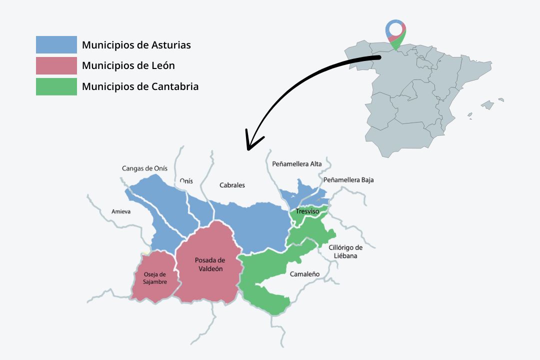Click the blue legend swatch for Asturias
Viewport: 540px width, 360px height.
click(x=56, y=44)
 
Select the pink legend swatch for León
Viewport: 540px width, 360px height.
click(x=56, y=65)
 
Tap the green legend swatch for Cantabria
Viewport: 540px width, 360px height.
click(x=56, y=86)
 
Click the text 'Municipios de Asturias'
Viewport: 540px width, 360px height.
click(x=136, y=45)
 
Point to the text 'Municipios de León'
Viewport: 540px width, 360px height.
click(x=128, y=65)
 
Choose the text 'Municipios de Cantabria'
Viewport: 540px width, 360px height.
click(x=140, y=86)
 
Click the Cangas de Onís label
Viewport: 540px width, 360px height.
click(x=144, y=168)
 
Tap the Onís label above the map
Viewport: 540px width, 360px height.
click(x=186, y=181)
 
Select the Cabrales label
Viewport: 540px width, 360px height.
click(x=232, y=185)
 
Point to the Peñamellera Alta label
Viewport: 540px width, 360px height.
click(x=297, y=164)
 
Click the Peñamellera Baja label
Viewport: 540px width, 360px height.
click(x=348, y=179)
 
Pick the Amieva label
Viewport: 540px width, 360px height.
click(x=121, y=211)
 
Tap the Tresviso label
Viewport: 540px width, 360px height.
click(x=307, y=211)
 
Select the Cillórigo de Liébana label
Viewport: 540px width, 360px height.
click(x=345, y=251)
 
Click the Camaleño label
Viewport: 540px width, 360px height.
click(x=304, y=274)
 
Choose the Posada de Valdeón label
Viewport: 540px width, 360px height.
click(x=209, y=264)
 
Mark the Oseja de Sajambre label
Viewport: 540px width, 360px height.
click(x=154, y=278)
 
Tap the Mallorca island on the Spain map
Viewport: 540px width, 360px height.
click(x=487, y=105)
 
